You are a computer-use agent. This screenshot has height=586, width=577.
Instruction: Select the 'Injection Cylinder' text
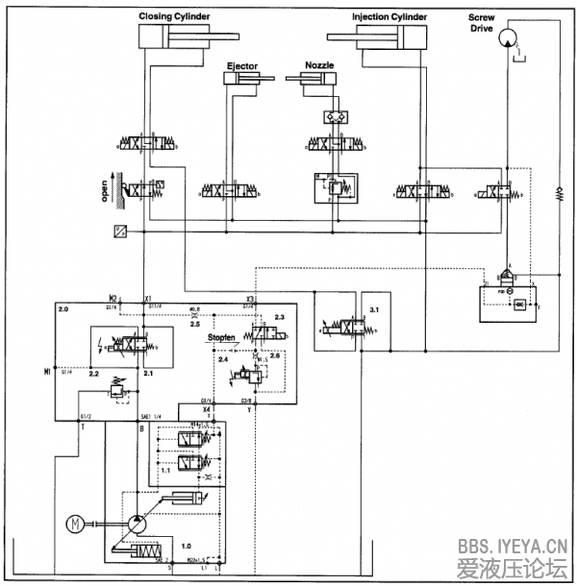click(390, 16)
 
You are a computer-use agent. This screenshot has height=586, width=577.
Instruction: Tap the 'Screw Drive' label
click(482, 22)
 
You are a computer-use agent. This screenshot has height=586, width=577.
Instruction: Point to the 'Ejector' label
click(241, 66)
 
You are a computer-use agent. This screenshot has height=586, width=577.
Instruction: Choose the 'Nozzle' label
click(319, 66)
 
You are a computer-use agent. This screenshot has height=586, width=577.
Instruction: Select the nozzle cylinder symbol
click(315, 81)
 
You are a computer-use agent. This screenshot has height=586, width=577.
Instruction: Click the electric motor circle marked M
click(76, 524)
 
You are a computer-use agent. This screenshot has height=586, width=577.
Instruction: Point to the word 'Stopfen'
click(223, 337)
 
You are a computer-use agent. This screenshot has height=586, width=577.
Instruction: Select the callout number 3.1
click(375, 311)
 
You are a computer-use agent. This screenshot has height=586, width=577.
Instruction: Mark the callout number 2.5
click(195, 324)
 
